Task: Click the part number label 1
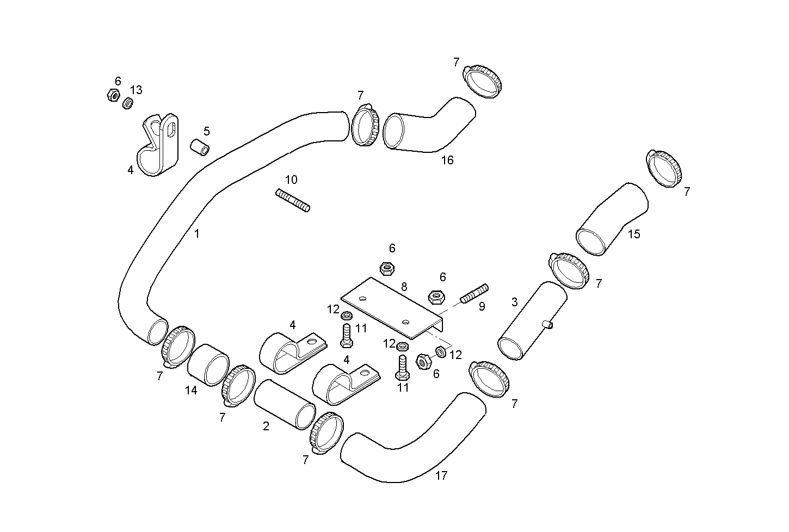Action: pyautogui.click(x=197, y=234)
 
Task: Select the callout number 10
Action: pyautogui.click(x=292, y=180)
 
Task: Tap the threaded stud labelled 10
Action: pyautogui.click(x=293, y=200)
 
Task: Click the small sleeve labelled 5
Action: pyautogui.click(x=199, y=146)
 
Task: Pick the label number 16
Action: pyautogui.click(x=447, y=160)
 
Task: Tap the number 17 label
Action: pyautogui.click(x=441, y=475)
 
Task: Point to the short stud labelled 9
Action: pyautogui.click(x=474, y=293)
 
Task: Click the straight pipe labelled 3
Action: pyautogui.click(x=532, y=321)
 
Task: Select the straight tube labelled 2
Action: pyautogui.click(x=285, y=405)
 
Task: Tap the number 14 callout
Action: pyautogui.click(x=191, y=391)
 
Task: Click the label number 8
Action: pyautogui.click(x=404, y=287)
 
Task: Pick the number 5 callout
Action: pyautogui.click(x=207, y=131)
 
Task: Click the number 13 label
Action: pyautogui.click(x=136, y=90)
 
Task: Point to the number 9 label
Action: pyautogui.click(x=482, y=307)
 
